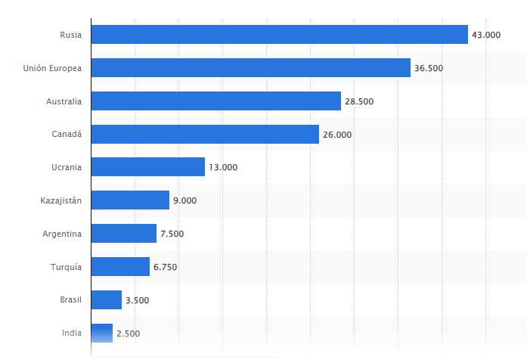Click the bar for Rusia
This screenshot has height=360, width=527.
click(279, 35)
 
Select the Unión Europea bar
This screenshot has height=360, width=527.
click(250, 68)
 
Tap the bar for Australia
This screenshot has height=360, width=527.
click(215, 101)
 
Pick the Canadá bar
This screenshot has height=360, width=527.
click(205, 135)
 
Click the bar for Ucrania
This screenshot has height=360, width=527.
click(147, 167)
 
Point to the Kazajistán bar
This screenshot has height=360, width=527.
click(130, 200)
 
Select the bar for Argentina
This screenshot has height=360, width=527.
click(123, 234)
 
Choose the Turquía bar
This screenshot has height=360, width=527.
click(120, 267)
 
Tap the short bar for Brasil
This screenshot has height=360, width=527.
click(106, 300)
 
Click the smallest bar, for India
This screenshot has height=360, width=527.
click(101, 334)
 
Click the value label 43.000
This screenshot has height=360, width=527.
click(486, 35)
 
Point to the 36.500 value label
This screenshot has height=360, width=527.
click(429, 68)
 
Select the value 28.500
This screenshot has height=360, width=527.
click(359, 101)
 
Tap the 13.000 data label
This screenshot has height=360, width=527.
click(223, 168)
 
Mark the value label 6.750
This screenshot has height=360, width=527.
click(168, 267)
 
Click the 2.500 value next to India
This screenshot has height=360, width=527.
click(128, 334)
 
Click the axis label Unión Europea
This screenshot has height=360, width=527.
click(53, 68)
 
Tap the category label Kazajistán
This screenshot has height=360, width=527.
click(61, 200)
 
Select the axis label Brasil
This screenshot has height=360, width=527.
click(70, 300)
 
